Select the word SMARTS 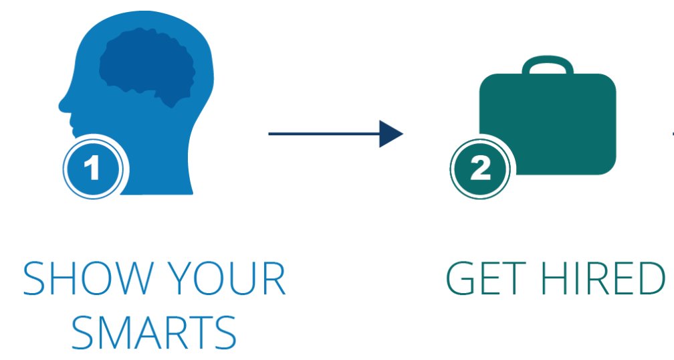(154, 333)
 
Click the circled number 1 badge (93, 169)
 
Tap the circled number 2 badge (480, 169)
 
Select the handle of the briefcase (547, 65)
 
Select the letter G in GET (461, 280)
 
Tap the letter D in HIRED (647, 280)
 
